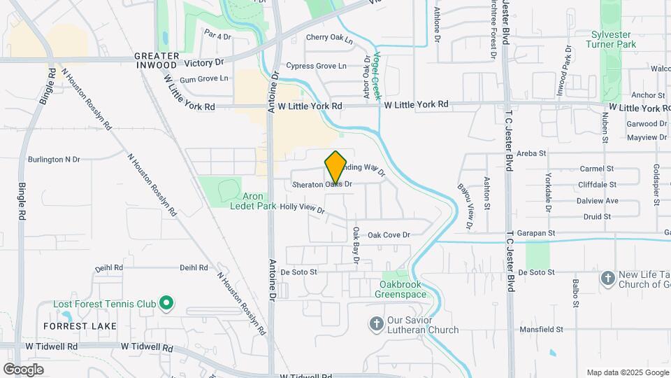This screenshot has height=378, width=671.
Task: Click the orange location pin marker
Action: coord(336,167)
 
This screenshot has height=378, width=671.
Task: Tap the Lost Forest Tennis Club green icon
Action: coord(166,303)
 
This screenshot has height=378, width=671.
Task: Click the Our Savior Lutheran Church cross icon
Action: coord(376,323)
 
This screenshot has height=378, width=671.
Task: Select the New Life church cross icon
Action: coord(608,278)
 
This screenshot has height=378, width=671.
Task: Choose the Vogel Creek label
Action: coord(376,76)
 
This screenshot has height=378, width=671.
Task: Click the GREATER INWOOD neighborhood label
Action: coord(155,60)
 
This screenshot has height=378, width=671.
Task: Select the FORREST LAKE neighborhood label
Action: coord(89,326)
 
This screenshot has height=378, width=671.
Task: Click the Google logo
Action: coord(23,369)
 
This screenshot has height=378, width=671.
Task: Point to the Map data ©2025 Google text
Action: coord(626,372)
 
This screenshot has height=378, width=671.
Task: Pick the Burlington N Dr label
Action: coord(54,160)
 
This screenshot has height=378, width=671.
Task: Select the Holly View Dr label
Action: coord(302,208)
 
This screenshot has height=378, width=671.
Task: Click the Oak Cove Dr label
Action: coord(389,235)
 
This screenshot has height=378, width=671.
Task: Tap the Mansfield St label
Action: coord(541,329)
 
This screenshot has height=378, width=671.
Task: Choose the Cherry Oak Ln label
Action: coord(329,39)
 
